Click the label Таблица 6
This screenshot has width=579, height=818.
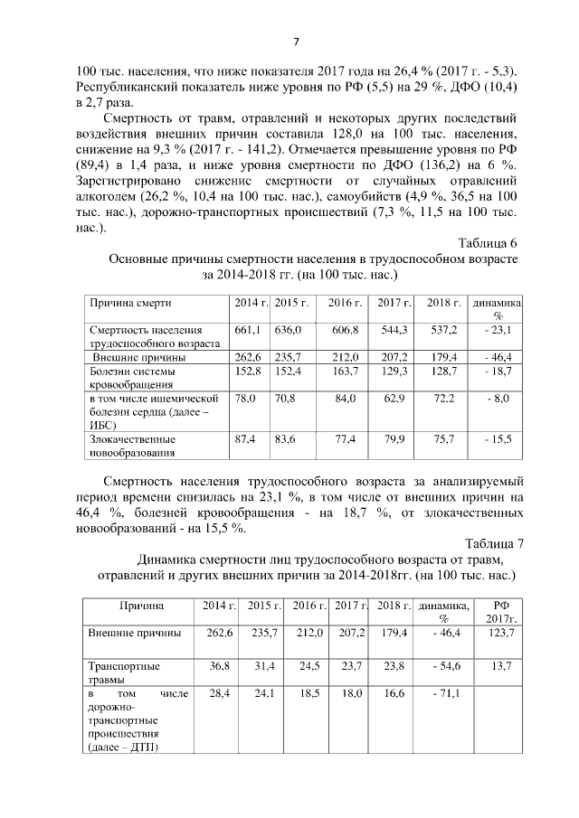pos(489,243)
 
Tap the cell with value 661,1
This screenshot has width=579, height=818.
pos(246,331)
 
